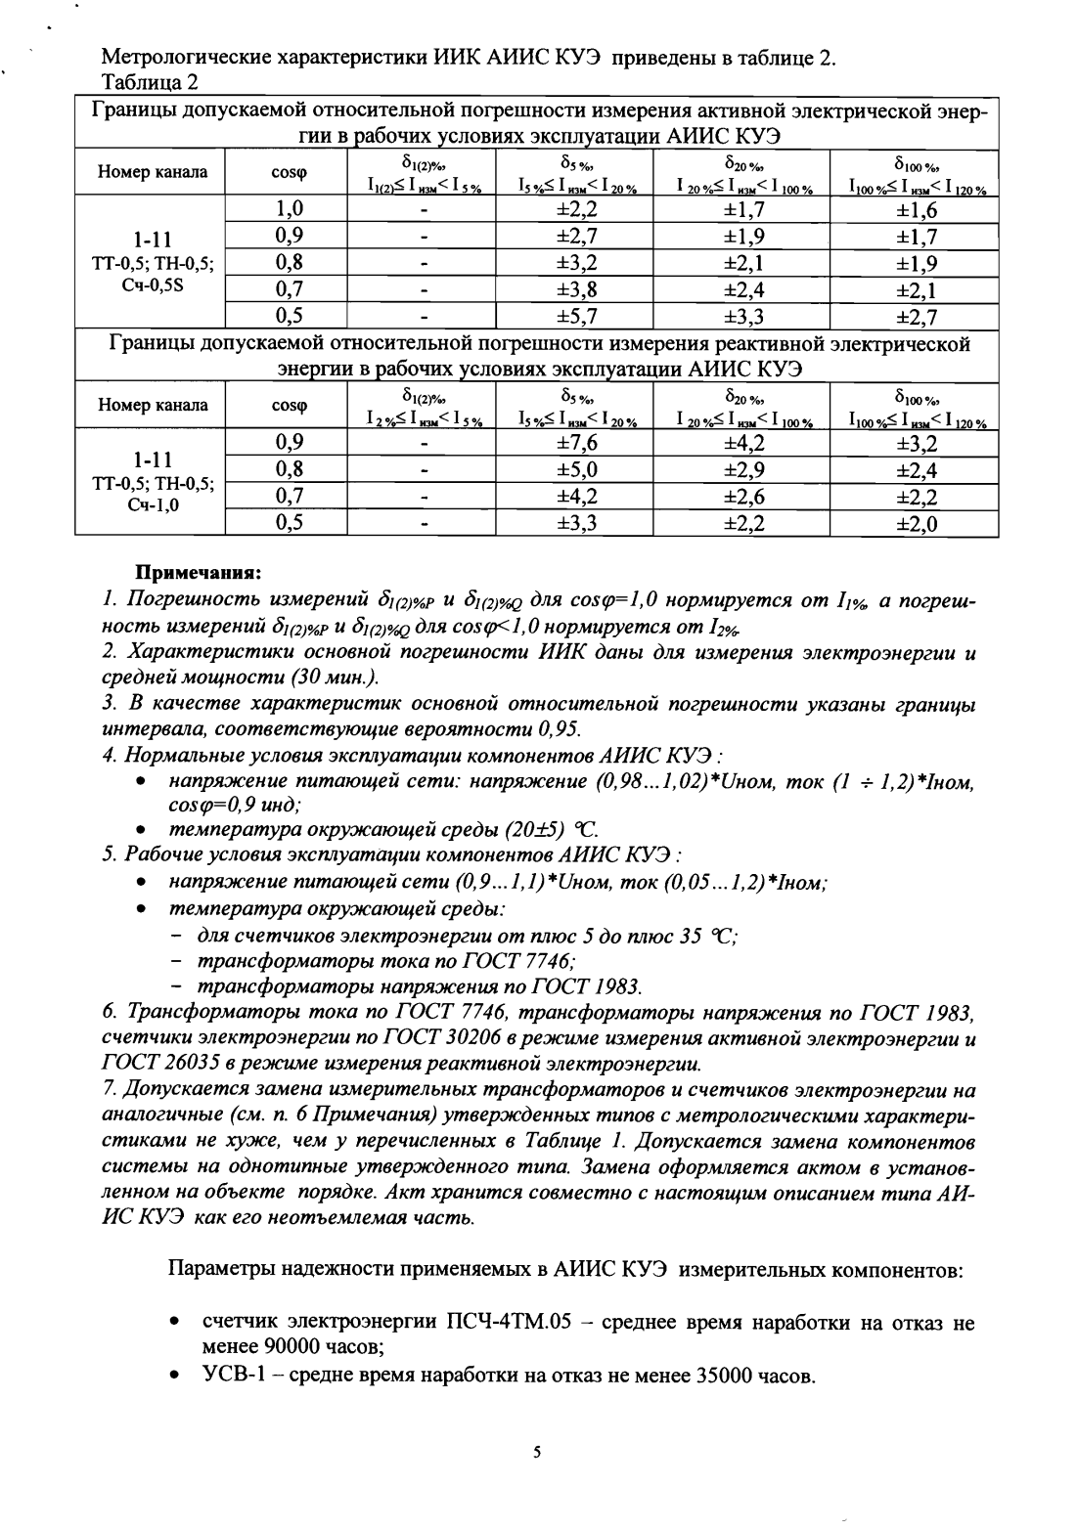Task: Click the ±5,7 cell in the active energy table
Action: [x=576, y=316]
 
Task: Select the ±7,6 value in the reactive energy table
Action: [x=576, y=443]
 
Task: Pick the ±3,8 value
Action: [x=576, y=289]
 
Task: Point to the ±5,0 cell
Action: [x=576, y=470]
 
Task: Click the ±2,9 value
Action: [x=742, y=470]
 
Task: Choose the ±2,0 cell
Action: [x=917, y=524]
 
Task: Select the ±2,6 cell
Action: [x=742, y=497]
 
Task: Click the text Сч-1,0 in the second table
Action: [x=150, y=505]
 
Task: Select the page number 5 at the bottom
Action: [x=537, y=1452]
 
